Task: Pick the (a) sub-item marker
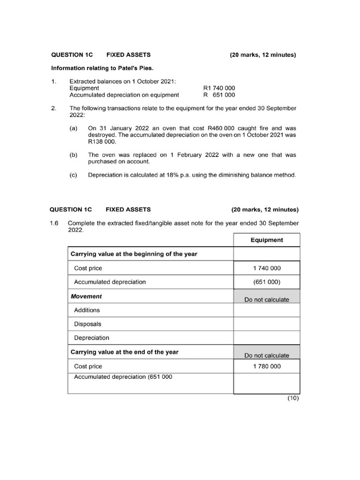coord(74,128)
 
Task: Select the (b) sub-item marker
coord(74,155)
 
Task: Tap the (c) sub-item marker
coord(74,175)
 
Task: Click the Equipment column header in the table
coord(267,240)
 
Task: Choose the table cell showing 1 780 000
coord(267,366)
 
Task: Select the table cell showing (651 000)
coord(267,282)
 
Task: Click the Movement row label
coord(86,296)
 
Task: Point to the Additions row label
coord(87,310)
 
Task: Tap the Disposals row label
coord(88,324)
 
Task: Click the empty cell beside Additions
coord(267,310)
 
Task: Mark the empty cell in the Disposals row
coord(267,324)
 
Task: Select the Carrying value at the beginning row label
coord(134,254)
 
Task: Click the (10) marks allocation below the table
coord(292,398)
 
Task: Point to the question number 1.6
coord(54,223)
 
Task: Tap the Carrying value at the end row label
coord(124,352)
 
